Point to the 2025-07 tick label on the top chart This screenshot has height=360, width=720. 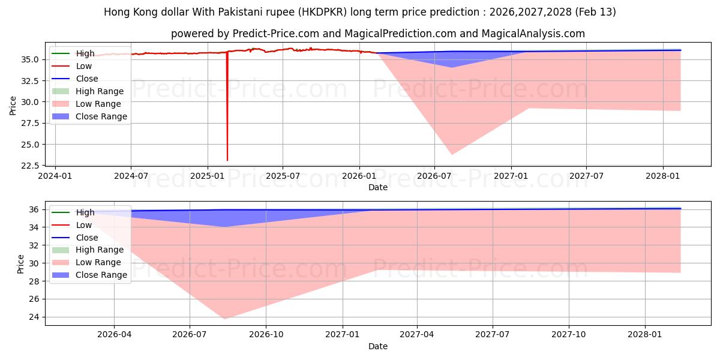(283, 176)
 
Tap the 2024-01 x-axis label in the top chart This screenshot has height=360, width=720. (55, 176)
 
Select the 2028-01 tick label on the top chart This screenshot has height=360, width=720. (662, 176)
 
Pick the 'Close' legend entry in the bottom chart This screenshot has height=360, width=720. (87, 238)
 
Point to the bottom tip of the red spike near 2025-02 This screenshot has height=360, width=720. (227, 160)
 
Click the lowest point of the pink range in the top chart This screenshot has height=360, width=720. (452, 155)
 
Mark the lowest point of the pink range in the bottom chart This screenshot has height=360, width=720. (224, 319)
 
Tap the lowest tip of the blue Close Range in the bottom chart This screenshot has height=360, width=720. (224, 227)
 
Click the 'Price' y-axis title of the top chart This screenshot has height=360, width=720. (13, 106)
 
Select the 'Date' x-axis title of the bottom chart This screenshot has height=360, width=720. (378, 346)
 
